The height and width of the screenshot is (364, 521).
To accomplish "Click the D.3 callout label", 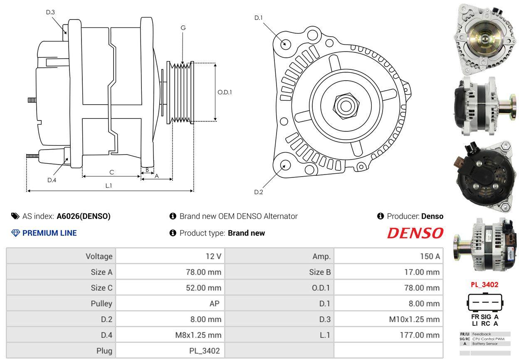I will [x=50, y=12].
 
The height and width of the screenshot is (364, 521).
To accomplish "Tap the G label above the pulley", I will [x=183, y=28].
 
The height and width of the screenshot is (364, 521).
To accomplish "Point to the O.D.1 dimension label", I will [x=225, y=92].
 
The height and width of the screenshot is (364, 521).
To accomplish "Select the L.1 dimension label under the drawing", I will [x=109, y=186].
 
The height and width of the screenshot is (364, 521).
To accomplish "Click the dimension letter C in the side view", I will [x=111, y=172].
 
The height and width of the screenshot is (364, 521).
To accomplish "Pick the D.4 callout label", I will [x=52, y=180].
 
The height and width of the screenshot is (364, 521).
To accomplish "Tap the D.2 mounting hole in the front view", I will [x=285, y=165].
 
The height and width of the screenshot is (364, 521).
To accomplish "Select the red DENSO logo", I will [x=415, y=233].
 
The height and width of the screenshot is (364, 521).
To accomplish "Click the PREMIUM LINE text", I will [x=49, y=233].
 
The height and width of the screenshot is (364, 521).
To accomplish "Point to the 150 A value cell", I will [x=430, y=256].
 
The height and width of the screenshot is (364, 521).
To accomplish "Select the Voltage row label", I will [x=99, y=256].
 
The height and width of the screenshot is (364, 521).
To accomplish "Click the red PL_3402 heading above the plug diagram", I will [x=484, y=285].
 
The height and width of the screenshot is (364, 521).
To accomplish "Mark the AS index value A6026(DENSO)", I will [x=84, y=216].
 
